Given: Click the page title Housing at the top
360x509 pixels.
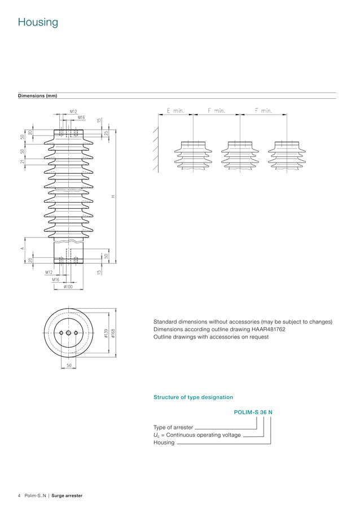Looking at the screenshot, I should click(38, 23).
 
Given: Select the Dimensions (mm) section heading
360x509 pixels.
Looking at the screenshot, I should click(37, 96).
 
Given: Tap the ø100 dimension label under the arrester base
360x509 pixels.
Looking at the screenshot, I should click(68, 287).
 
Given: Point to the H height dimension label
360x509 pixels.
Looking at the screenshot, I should click(113, 196).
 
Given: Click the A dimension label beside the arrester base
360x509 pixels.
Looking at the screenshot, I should click(21, 248).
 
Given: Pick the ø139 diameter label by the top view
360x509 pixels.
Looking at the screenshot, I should click(106, 334).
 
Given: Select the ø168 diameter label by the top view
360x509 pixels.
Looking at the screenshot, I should click(113, 334).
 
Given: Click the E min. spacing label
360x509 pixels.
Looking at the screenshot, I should click(175, 111).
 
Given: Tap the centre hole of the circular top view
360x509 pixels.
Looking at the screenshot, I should click(68, 334).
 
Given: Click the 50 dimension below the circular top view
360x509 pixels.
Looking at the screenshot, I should click(68, 366).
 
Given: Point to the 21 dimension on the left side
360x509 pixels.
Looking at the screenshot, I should click(22, 162).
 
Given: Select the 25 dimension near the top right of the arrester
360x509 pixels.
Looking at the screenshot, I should click(106, 133).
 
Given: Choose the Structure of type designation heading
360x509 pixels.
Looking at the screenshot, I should click(193, 397).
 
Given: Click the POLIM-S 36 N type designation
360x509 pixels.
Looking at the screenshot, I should click(253, 412).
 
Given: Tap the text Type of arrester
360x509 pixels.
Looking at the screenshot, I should click(173, 427).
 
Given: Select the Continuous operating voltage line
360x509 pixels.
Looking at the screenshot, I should click(197, 435).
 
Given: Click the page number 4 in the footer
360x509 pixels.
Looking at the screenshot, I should click(20, 495).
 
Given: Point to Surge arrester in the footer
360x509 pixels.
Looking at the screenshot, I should click(67, 495).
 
